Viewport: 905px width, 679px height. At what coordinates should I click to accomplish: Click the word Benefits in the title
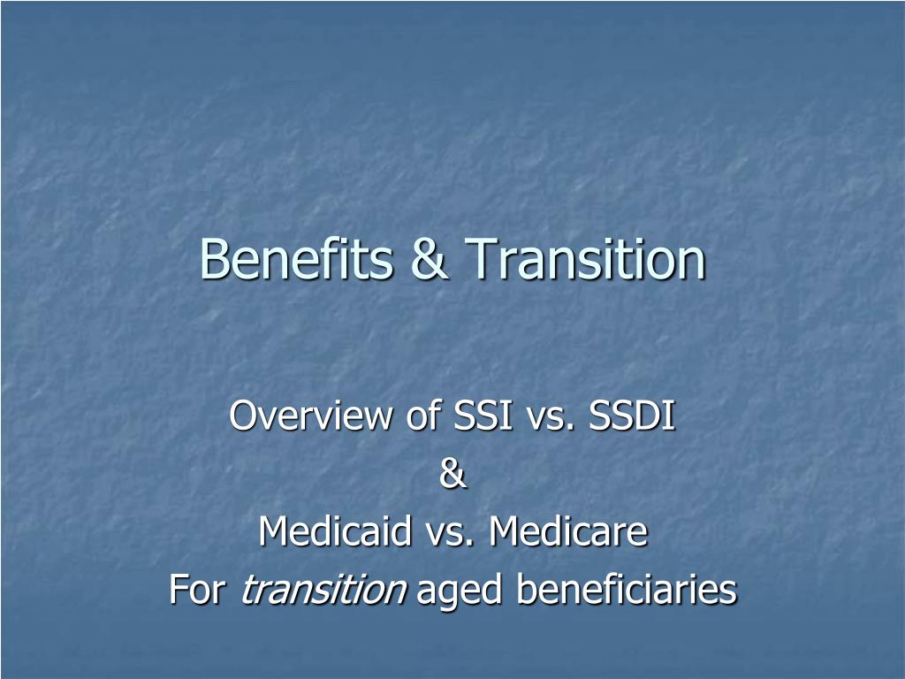pos(296,258)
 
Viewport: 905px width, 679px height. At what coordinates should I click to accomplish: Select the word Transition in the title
pos(585,258)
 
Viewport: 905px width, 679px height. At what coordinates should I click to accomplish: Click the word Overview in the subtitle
pos(310,415)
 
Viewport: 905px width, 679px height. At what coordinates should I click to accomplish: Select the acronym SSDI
pos(631,415)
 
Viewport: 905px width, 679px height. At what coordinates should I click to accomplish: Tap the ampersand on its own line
pos(452,474)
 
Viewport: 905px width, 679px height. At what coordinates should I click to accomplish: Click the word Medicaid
pos(334,530)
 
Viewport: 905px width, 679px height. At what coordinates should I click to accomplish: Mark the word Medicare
pos(568,530)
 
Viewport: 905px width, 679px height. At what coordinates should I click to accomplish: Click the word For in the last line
pos(197,589)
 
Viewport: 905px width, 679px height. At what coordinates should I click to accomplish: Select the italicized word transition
pos(323,589)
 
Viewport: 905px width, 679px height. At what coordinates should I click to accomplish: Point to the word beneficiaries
pos(627,589)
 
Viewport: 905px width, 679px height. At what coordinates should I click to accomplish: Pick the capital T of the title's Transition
pos(482,259)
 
